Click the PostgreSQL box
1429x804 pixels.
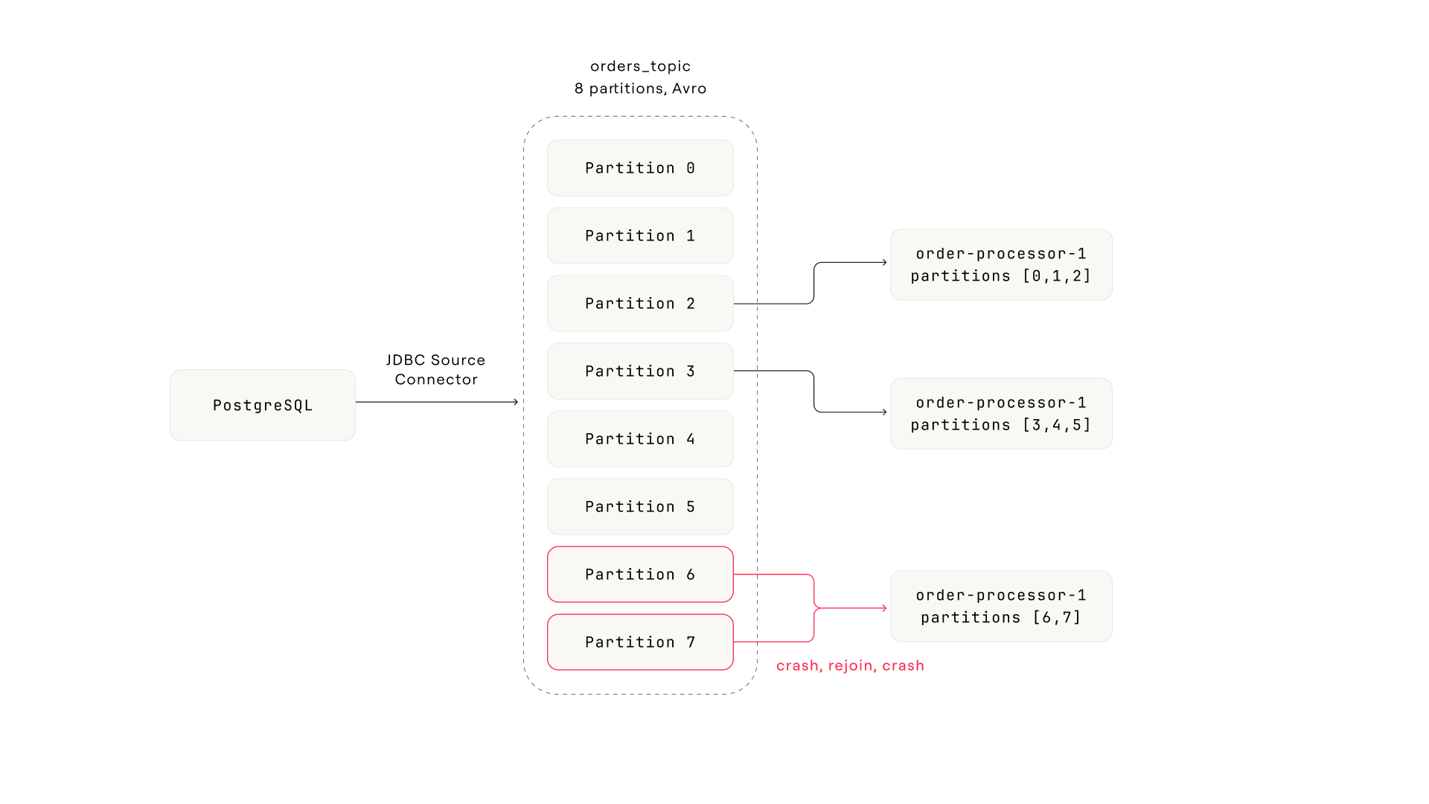[x=262, y=405]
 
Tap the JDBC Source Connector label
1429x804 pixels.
[x=435, y=370]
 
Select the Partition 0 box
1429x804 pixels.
[x=640, y=168]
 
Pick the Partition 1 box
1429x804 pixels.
[x=640, y=236]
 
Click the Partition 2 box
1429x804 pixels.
[x=640, y=304]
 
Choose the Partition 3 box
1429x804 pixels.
[x=640, y=371]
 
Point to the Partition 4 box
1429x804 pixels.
[x=640, y=439]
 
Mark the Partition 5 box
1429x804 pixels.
[x=640, y=507]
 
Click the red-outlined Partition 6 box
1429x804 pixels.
[x=640, y=575]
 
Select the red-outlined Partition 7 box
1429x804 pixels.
[x=640, y=642]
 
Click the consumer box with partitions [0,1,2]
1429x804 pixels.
[x=1001, y=265]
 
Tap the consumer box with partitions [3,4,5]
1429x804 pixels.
[x=1001, y=414]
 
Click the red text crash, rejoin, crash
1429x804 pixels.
[x=850, y=666]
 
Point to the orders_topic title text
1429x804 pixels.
[x=640, y=66]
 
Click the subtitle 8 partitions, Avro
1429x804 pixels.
[x=640, y=89]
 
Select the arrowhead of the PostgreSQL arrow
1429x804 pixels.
[x=516, y=402]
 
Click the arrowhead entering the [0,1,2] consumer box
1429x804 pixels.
[x=884, y=262]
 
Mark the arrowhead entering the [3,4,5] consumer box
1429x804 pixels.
[x=884, y=412]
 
